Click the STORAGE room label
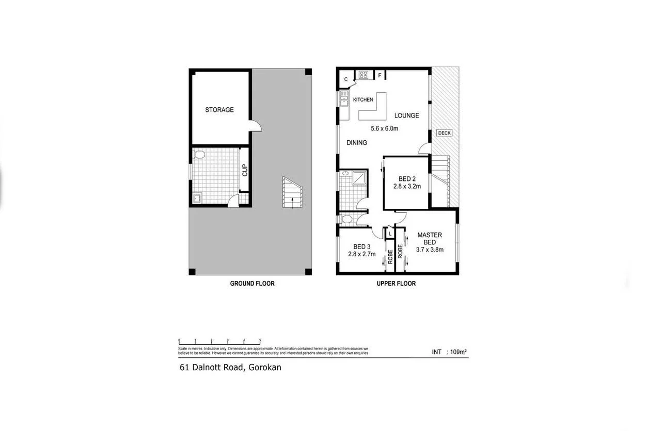coord(219,110)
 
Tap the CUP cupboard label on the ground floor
coord(245,170)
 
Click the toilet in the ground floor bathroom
coord(199,154)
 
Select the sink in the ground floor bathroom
coord(197,198)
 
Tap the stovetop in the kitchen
coord(363,75)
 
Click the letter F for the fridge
coord(380,76)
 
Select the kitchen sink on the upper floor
coord(343,97)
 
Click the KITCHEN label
coord(363,100)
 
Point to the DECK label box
coord(444,133)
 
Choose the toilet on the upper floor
coord(346,220)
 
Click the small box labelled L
coord(390,234)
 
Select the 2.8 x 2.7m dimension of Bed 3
coord(361,254)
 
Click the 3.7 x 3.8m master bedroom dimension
coord(430,250)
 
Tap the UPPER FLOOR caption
coord(397,284)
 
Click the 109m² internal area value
coord(457,352)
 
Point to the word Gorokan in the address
coord(265,368)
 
